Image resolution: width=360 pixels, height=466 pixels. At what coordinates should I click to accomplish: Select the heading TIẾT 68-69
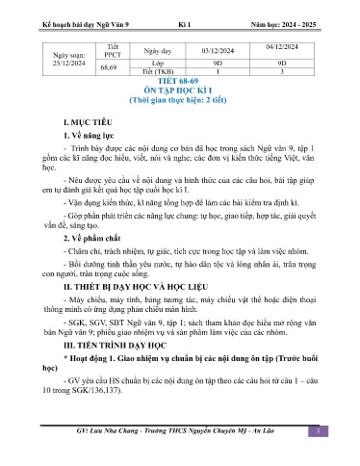pos(180,94)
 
